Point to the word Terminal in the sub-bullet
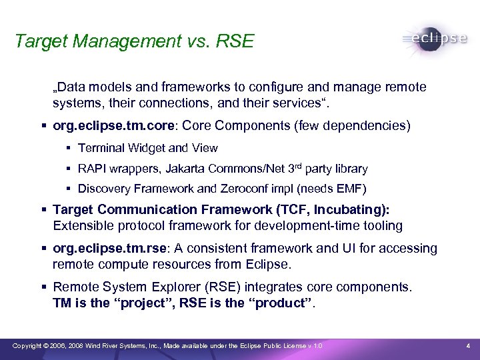(x=101, y=148)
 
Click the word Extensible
(x=81, y=226)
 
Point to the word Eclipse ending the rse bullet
(x=270, y=264)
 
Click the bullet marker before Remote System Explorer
(x=44, y=287)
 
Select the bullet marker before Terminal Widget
(x=69, y=148)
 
